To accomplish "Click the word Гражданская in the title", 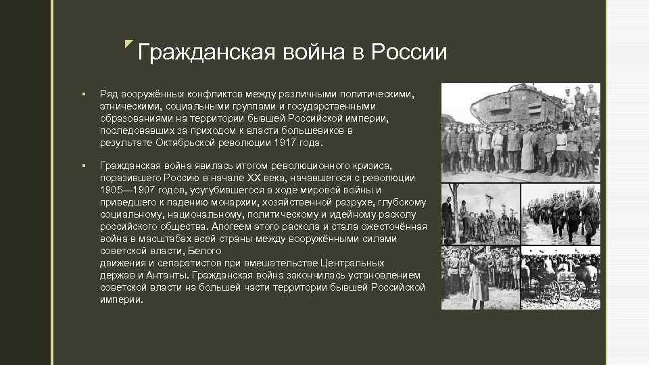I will tap(197, 53).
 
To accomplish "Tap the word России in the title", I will tap(410, 53).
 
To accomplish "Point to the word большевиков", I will tap(314, 131).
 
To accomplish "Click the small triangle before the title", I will tap(129, 45).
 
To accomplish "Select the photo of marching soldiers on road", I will tap(560, 216).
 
